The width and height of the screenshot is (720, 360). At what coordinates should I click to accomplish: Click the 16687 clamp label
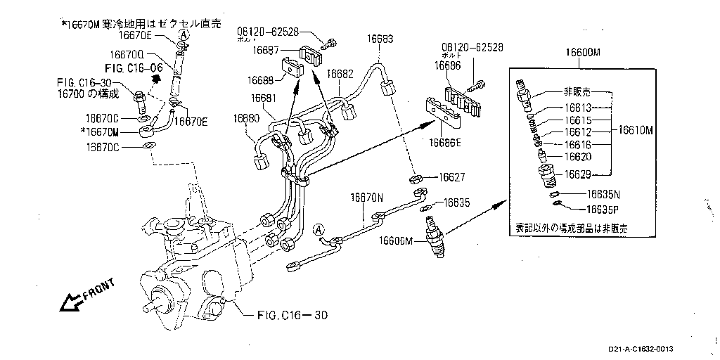[267, 50]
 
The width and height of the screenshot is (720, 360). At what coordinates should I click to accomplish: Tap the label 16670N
[367, 199]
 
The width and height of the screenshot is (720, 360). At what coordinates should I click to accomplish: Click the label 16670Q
[127, 53]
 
